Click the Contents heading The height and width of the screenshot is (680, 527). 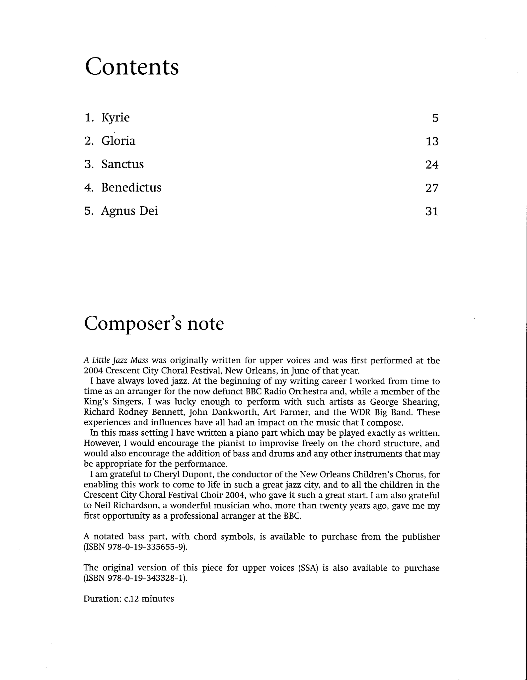pos(132,67)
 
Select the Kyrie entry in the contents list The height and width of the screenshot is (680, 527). pos(115,118)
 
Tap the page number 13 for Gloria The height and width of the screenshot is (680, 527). pos(432,141)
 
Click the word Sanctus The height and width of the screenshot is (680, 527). pos(122,164)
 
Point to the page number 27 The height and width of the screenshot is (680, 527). pos(432,188)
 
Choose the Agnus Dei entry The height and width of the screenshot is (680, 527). pos(129,211)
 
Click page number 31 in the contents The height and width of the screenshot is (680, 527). pos(432,211)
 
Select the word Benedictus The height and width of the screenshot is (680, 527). pos(131,188)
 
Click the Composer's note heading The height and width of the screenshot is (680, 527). pos(154,323)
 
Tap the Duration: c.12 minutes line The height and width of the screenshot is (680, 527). pos(128,599)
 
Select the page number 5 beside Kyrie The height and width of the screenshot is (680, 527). pos(435,118)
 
